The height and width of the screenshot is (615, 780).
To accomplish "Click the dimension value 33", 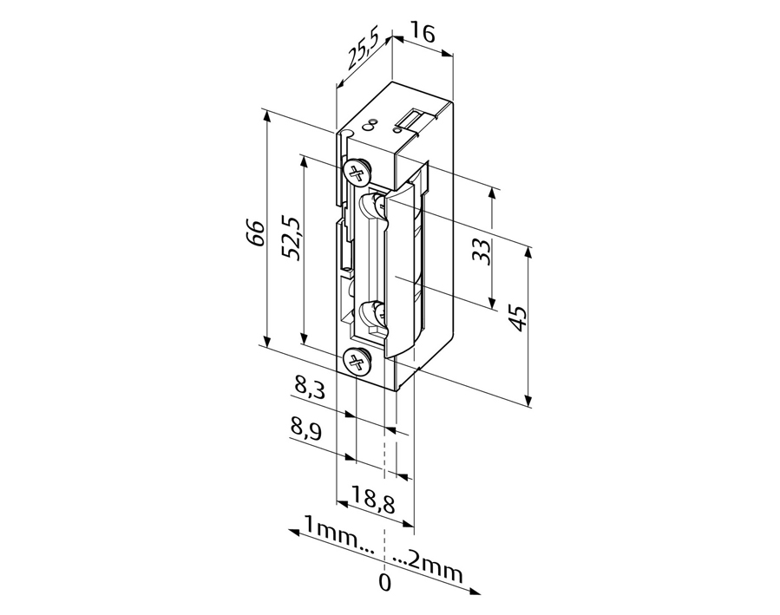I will coord(482,251).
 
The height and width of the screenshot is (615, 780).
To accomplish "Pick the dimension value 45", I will coord(517,317).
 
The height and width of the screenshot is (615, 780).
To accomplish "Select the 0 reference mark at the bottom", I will coord(384,582).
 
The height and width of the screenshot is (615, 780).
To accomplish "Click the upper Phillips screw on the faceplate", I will coord(356,172).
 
